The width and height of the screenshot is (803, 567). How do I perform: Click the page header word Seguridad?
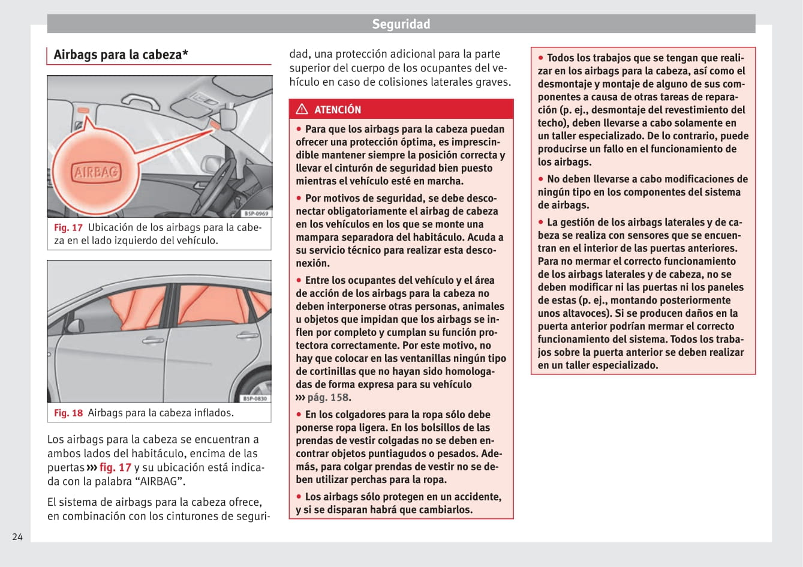coord(401,24)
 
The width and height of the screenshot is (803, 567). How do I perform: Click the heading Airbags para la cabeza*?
coord(121,55)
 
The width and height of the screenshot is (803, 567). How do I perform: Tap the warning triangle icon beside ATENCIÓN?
coord(302,109)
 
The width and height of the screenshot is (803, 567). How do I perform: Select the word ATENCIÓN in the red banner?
coord(338,110)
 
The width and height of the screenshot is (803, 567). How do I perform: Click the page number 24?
coord(17,536)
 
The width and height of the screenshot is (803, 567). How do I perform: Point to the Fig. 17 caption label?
coord(68,227)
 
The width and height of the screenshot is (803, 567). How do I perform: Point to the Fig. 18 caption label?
coord(68,413)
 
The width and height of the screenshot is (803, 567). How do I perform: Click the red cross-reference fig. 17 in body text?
coord(115,467)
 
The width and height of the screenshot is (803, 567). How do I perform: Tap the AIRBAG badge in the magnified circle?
coord(96,173)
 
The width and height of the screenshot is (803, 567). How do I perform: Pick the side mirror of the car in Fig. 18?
coord(74,326)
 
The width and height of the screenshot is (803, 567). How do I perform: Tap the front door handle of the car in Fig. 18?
coord(152,341)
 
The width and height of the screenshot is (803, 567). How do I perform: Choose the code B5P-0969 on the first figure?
coord(256,214)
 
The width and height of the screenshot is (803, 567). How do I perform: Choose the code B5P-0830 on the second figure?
coord(255,398)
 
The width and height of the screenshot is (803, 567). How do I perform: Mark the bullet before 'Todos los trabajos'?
coord(540,58)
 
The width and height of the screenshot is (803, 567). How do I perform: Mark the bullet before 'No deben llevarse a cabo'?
coord(540,179)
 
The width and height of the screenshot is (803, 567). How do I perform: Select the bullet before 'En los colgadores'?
coord(299,415)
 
